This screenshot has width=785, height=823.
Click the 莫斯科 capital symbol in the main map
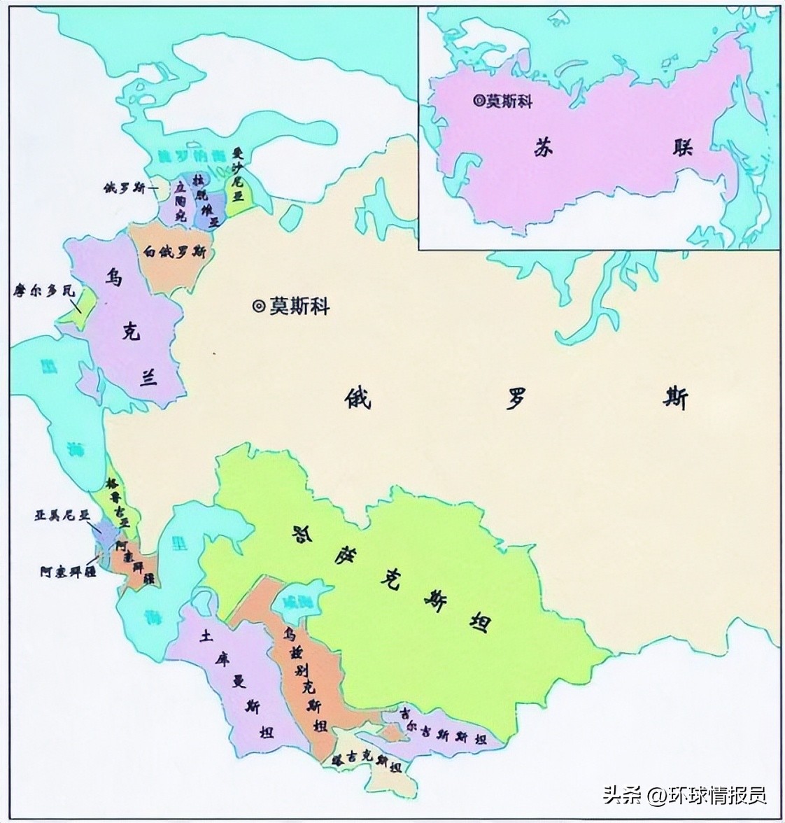[258, 306]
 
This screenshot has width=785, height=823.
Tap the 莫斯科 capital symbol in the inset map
[478, 101]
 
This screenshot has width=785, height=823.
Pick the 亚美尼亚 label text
[64, 515]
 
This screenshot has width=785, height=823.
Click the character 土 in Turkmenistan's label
[206, 635]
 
